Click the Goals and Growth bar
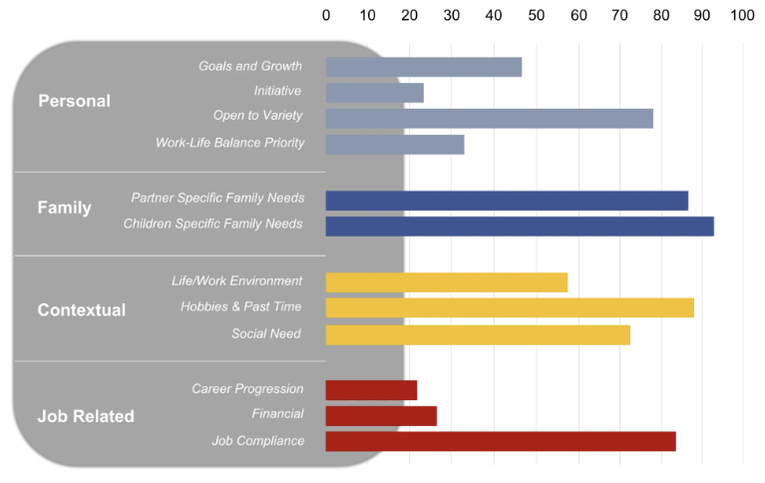click(x=423, y=67)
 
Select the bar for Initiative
click(x=374, y=93)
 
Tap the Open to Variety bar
click(x=489, y=119)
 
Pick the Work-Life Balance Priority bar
click(x=395, y=145)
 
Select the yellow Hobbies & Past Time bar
click(x=510, y=307)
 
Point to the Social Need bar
click(x=478, y=334)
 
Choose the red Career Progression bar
click(x=371, y=390)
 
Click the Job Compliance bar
click(x=501, y=441)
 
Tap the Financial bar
click(x=381, y=416)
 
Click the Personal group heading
click(x=74, y=101)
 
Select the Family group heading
click(x=64, y=208)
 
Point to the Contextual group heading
click(x=82, y=310)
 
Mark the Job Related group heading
click(x=86, y=416)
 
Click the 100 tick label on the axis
click(x=742, y=16)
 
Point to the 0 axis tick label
click(x=326, y=16)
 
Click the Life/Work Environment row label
click(x=236, y=281)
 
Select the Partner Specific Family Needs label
click(x=217, y=199)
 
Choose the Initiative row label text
click(x=277, y=91)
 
